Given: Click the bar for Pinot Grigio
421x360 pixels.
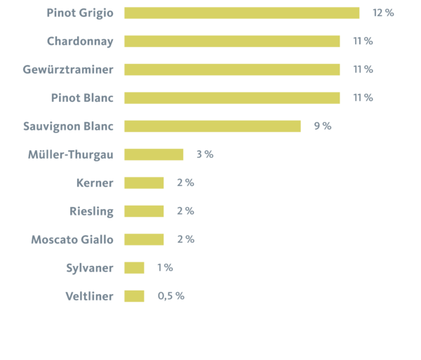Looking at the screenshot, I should coord(242,13).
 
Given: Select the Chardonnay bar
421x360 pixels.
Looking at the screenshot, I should coord(232,41).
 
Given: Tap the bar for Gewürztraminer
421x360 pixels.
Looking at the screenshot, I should coord(232,69).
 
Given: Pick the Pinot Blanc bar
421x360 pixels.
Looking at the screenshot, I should coord(232,98).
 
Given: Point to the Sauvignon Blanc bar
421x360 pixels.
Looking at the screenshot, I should coord(213,126).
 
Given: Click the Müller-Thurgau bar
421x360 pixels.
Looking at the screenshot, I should coord(154,154).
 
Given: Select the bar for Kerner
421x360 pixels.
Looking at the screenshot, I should coord(144,183).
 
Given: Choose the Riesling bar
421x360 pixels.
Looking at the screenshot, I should coord(144,211).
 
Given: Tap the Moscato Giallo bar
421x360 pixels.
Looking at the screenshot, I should coord(144,239).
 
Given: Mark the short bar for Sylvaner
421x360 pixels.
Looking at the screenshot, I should coord(134,268).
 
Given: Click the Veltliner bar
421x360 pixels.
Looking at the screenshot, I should coord(134,296).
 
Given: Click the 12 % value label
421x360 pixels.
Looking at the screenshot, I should coord(383,13).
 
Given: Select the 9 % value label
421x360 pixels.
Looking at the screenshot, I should coord(322,126).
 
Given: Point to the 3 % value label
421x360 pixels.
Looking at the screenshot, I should coord(204,154).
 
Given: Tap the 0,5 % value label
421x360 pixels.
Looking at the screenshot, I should coord(171,296).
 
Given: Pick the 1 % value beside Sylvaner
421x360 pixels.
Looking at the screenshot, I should coord(165,268).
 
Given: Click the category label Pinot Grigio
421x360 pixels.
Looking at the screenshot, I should coord(79,13).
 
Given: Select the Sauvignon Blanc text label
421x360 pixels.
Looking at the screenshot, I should coord(68,126).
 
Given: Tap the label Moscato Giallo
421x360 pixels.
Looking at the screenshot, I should coord(72,239).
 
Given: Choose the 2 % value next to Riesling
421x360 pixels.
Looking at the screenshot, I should coord(185,211).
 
